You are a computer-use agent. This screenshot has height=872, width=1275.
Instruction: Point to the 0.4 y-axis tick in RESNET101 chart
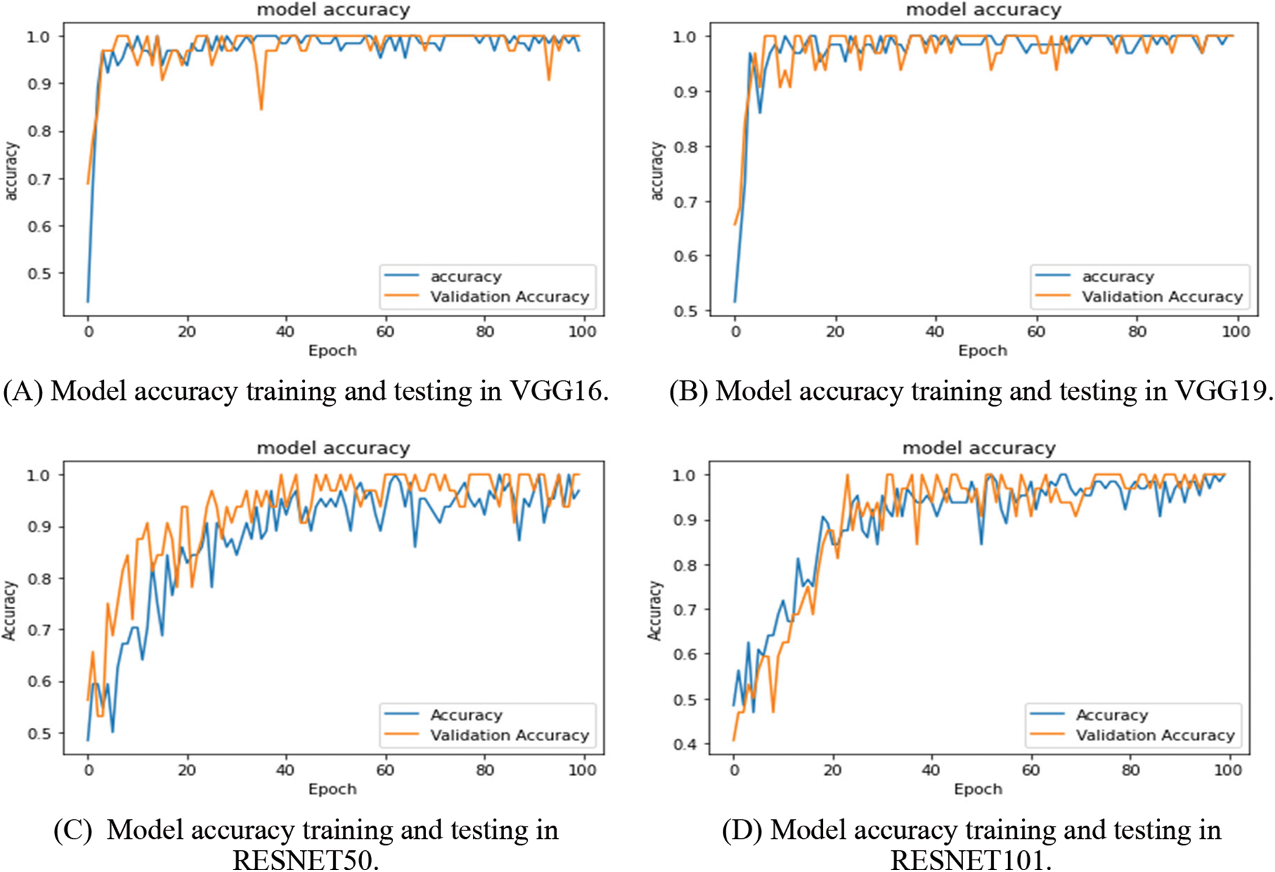(684, 744)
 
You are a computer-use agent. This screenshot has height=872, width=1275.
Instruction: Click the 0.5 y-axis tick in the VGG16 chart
(38, 273)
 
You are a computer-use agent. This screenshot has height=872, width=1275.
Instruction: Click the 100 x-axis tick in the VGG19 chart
(1235, 331)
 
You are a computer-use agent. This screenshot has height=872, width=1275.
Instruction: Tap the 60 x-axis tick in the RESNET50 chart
(385, 770)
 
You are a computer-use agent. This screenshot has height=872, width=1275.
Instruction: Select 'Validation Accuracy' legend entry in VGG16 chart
(509, 297)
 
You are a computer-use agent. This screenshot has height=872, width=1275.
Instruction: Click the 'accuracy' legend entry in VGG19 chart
(1118, 276)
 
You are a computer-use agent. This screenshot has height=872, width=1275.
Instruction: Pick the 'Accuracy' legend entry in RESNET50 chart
(466, 715)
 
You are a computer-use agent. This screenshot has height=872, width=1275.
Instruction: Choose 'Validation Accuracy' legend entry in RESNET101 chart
(1155, 735)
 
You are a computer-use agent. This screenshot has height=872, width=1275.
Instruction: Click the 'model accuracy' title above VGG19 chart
(983, 9)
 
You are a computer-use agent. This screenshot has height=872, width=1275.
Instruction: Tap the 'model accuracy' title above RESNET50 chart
(333, 448)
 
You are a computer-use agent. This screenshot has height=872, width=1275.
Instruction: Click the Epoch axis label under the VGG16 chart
(332, 350)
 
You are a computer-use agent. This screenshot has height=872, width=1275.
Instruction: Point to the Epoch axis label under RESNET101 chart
(978, 789)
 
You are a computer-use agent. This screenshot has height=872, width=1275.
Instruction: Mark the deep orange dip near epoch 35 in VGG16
(261, 108)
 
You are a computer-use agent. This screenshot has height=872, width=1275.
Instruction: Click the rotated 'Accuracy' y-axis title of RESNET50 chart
(9, 610)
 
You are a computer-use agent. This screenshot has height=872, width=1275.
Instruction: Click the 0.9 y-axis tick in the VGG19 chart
(685, 91)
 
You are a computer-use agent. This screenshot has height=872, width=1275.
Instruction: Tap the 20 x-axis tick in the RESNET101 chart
(832, 770)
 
